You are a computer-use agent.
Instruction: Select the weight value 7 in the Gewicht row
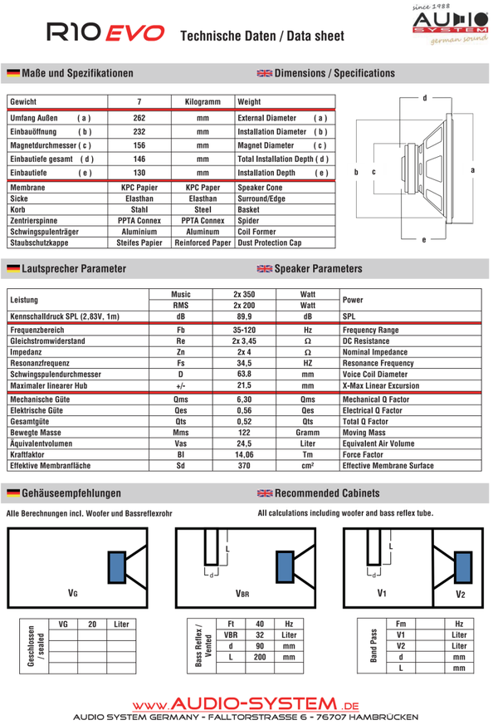point(139,101)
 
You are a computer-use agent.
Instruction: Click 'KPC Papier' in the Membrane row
point(139,189)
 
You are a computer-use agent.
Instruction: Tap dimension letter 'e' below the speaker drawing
point(424,240)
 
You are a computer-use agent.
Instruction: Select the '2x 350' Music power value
point(244,294)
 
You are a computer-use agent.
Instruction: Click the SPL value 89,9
point(244,316)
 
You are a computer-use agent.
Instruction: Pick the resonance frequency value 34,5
point(244,363)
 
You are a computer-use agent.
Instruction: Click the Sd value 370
point(244,467)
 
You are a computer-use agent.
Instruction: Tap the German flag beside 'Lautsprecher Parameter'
point(13,269)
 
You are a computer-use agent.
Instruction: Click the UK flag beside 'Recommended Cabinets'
point(265,493)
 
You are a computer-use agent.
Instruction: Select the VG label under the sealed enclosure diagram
point(73,594)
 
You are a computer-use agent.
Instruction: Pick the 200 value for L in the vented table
point(260,656)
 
